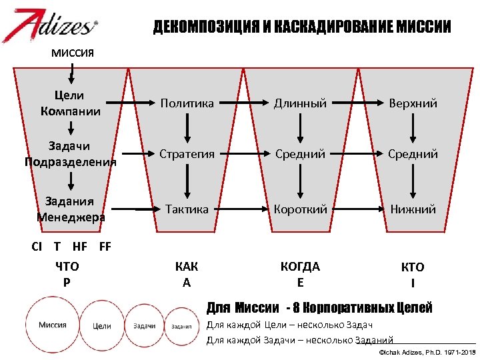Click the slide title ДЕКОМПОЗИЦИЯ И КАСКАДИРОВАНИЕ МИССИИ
point(302,27)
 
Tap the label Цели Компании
point(71,103)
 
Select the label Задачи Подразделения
point(71,153)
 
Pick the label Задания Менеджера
point(71,209)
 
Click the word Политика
point(187,103)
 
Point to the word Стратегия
point(187,154)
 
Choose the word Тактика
point(187,209)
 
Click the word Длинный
point(301,103)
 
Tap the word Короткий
point(301,209)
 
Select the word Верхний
point(413,103)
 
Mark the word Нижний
point(413,209)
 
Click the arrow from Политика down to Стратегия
point(187,129)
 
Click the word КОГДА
point(301,267)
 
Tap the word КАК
point(187,267)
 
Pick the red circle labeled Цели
point(102,326)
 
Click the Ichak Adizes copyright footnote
point(427,351)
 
